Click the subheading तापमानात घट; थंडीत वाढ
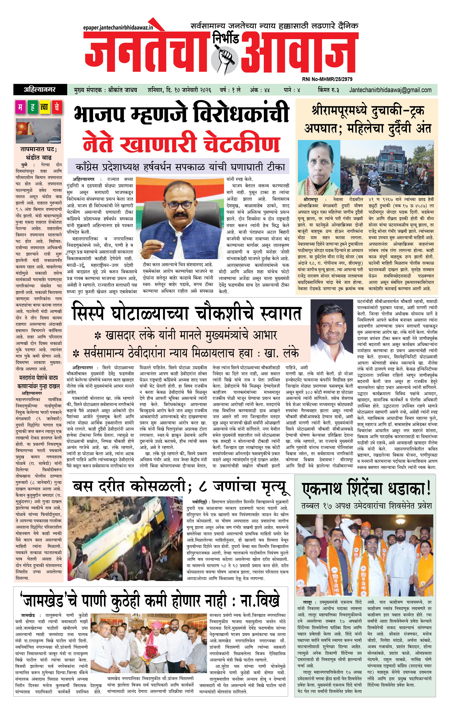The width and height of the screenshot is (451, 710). pos(39,153)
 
